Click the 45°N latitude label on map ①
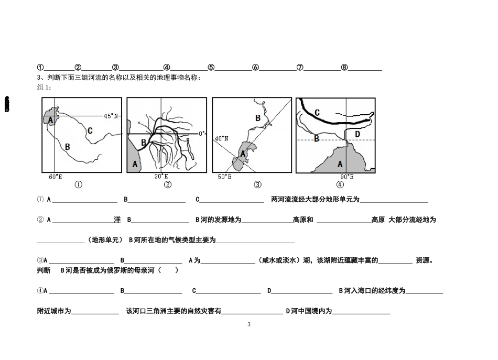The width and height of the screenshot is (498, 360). click(111, 116)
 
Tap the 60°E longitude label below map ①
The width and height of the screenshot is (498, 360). click(56, 177)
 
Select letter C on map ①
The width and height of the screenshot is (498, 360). click(90, 130)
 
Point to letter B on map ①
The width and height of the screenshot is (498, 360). click(67, 147)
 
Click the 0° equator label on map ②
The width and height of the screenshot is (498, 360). click(202, 134)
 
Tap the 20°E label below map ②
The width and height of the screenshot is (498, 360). click(161, 176)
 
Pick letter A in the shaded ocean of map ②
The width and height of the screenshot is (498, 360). click(135, 164)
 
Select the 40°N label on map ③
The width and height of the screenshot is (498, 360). click(222, 138)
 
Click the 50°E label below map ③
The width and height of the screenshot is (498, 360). click(224, 177)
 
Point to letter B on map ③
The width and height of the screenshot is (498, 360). click(258, 118)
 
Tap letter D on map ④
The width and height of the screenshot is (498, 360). click(358, 134)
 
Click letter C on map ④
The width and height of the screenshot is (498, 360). click(317, 112)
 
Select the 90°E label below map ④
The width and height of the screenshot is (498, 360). click(347, 177)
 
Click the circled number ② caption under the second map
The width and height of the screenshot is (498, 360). click(168, 184)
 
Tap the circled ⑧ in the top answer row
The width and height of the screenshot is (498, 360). click(344, 67)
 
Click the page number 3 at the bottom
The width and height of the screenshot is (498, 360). click(249, 324)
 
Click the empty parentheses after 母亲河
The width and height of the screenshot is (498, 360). click(168, 270)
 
